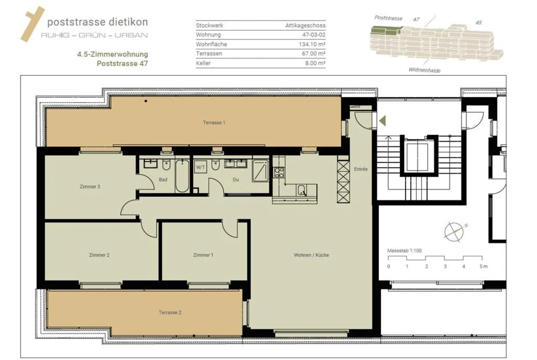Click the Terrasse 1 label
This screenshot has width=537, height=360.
coord(214,123)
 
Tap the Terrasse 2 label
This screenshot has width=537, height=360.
coord(170,312)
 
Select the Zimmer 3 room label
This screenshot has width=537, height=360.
coord(90,186)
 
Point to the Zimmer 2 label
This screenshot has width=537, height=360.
coord(99,255)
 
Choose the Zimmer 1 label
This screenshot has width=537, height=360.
coord(203,255)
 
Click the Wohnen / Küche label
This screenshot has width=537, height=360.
coord(311,255)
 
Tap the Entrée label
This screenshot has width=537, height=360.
coord(361,169)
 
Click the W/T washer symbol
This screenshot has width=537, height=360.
coord(201,167)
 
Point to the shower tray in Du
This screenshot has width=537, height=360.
coord(260,171)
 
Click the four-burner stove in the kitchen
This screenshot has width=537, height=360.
coord(279,172)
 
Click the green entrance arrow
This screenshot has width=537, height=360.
coord(383,120)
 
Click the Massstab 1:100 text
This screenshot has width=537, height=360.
coord(404,251)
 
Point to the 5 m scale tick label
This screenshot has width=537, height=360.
coord(483,266)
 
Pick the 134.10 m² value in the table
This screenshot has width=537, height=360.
coord(312,44)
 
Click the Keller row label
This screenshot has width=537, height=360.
coord(203,63)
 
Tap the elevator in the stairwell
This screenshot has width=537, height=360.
coord(417,157)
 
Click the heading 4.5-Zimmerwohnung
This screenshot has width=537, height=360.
coord(112,54)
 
